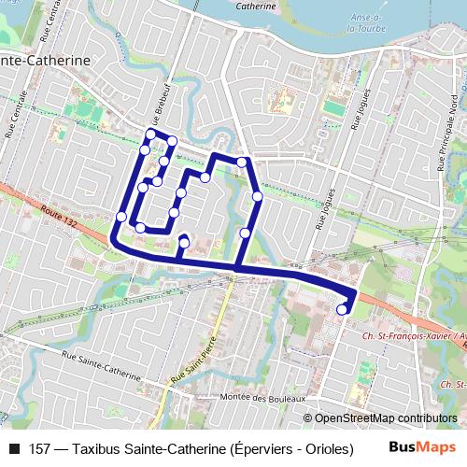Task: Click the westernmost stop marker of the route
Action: [121, 217]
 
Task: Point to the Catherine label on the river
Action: [256, 6]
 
